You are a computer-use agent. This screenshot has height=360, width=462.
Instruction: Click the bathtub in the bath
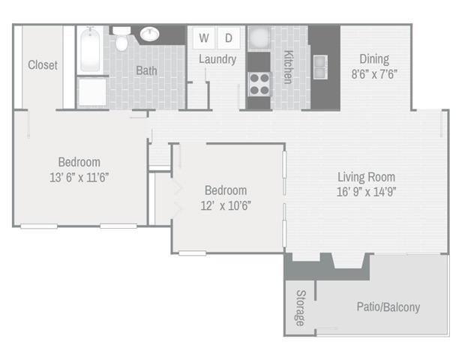90,49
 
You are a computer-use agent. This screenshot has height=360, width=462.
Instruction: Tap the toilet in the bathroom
121,38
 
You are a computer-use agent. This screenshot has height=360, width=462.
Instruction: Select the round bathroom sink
150,34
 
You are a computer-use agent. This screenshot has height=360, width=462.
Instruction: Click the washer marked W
204,37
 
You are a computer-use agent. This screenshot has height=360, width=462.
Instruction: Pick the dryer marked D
229,37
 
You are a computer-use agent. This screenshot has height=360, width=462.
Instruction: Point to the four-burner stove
259,84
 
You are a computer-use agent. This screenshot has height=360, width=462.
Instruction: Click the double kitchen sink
320,67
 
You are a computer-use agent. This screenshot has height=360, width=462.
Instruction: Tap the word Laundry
217,59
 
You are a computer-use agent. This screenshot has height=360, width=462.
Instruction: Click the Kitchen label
289,67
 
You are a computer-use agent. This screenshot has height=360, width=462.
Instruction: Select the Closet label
43,65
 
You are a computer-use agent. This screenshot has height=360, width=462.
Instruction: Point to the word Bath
146,70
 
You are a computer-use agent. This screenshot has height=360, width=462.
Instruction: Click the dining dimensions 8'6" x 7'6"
374,74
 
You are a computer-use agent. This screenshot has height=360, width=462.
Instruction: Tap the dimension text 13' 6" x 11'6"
79,178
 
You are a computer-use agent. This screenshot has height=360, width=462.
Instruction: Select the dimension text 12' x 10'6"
226,205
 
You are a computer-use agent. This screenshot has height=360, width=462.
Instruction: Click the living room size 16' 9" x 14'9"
366,192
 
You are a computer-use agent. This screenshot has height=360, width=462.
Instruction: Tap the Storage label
301,308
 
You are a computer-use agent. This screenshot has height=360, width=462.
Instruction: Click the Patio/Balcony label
388,307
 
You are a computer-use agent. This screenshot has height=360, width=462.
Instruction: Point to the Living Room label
366,177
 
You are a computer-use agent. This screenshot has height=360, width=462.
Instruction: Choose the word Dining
374,59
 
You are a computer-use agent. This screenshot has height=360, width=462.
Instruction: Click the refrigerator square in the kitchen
259,38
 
